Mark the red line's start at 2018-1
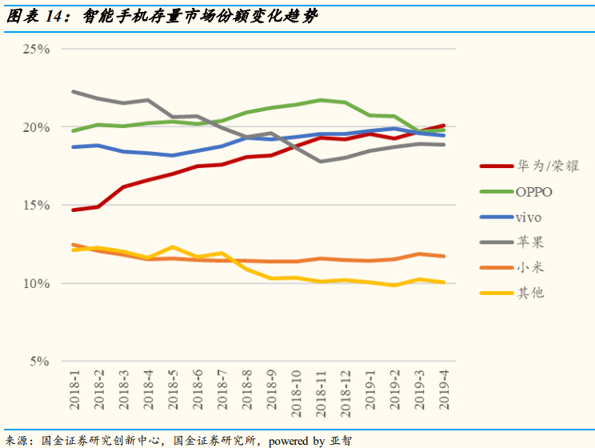(74, 210)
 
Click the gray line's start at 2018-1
(74, 91)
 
